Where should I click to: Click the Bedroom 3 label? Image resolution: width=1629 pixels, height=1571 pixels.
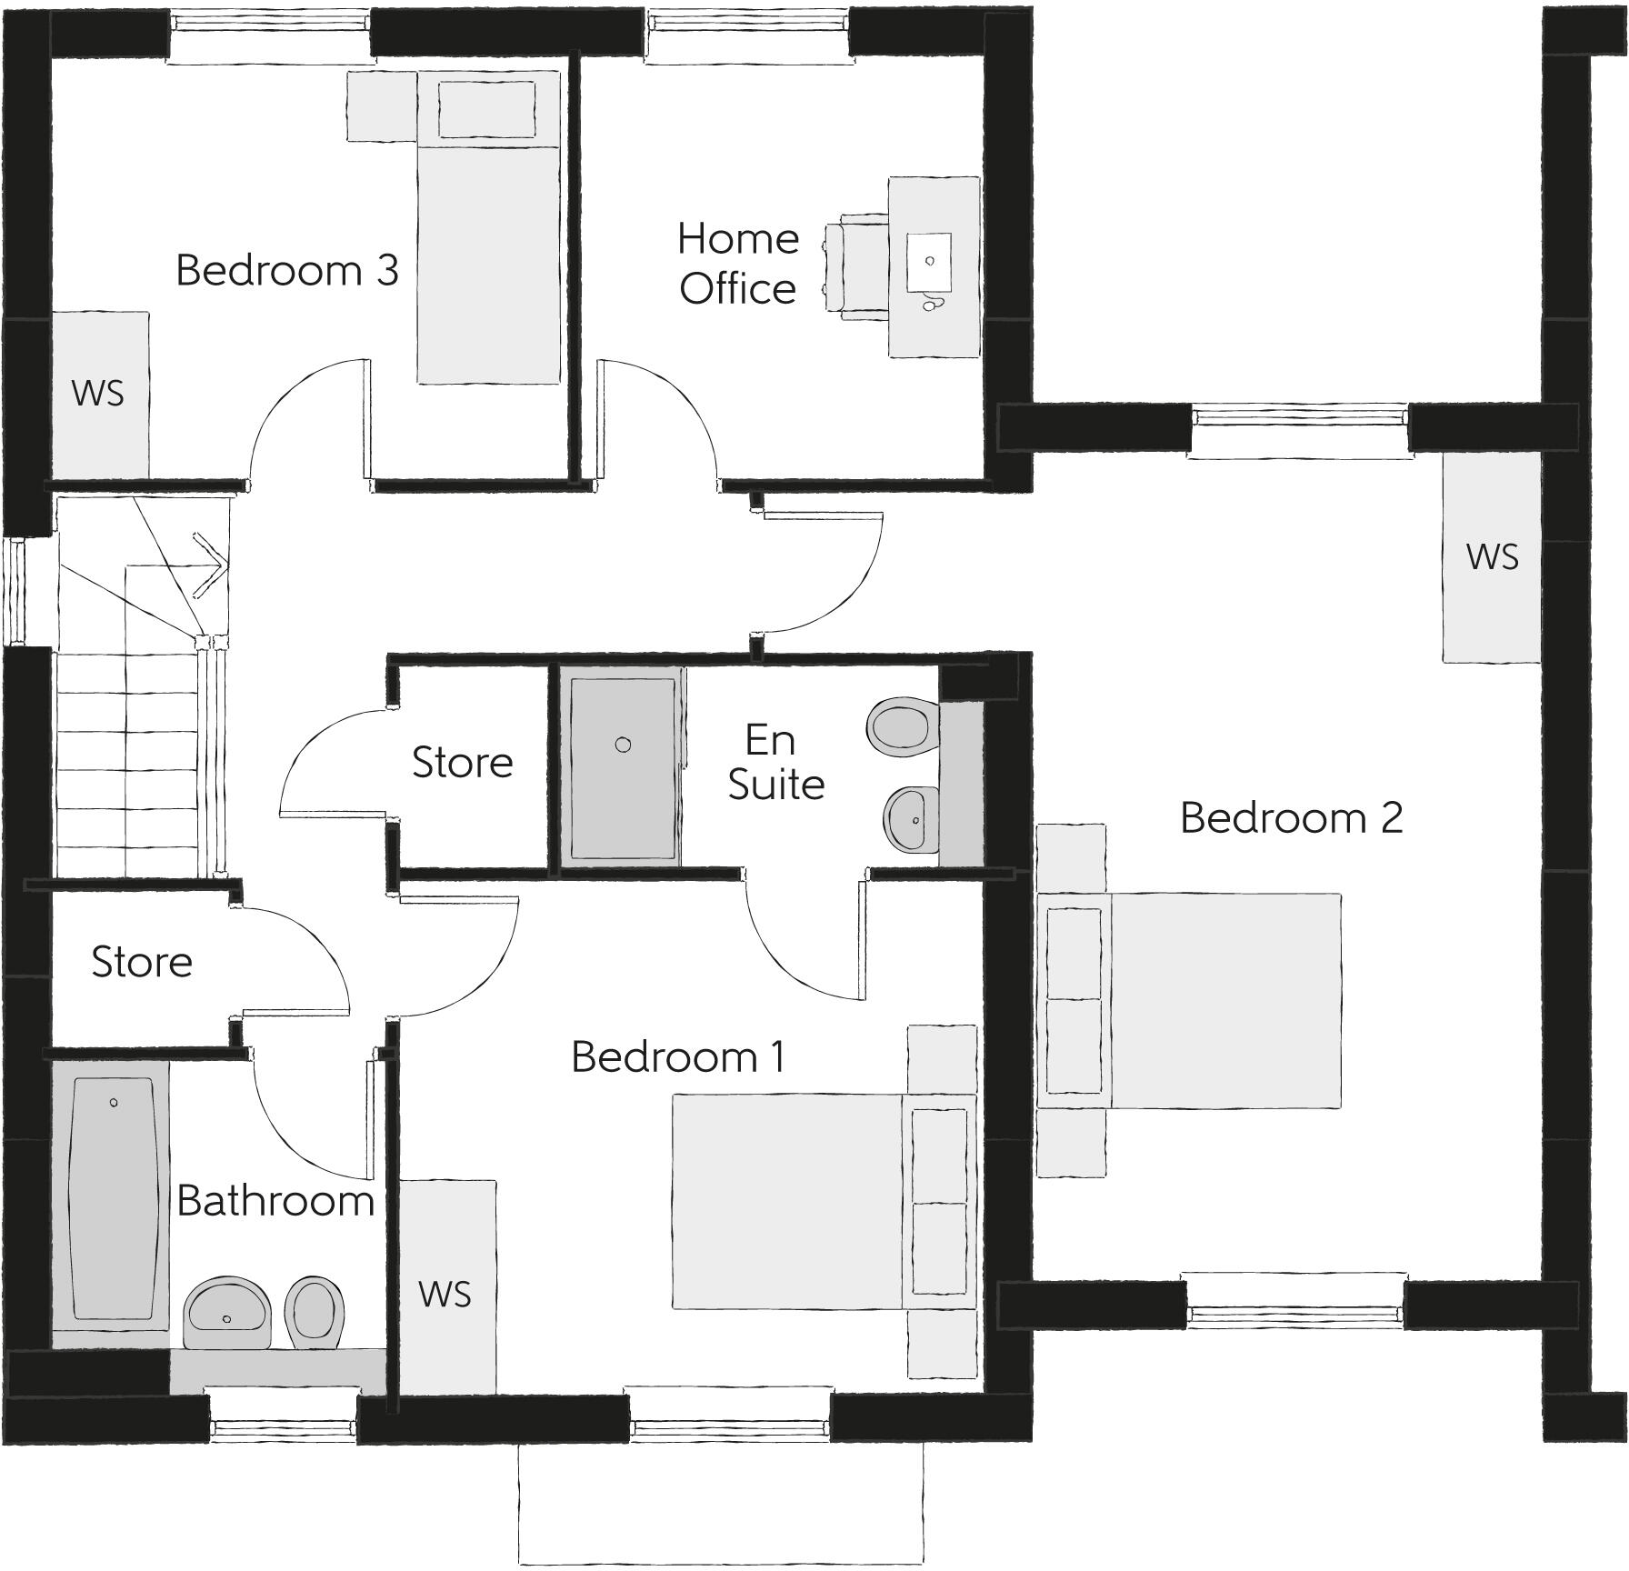[287, 271]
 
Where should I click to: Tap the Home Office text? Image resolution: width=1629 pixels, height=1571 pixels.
[737, 264]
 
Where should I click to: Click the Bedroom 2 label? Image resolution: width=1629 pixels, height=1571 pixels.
[1291, 818]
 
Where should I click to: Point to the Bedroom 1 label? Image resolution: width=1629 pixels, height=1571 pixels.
[677, 1056]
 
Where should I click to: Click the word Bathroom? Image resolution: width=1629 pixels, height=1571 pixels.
[275, 1201]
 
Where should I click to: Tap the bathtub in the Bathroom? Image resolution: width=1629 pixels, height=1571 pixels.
[113, 1198]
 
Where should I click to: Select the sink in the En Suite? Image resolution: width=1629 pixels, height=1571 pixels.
[911, 819]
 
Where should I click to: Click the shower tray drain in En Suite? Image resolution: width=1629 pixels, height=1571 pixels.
[623, 745]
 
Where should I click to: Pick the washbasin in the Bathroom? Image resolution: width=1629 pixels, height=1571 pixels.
[226, 1312]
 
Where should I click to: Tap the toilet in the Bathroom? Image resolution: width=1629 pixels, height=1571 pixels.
[315, 1309]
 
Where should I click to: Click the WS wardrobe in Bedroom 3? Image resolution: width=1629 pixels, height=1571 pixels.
[99, 394]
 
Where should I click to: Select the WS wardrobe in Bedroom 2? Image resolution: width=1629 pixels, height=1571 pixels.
[1492, 556]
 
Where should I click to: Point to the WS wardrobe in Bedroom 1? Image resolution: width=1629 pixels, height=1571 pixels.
[446, 1293]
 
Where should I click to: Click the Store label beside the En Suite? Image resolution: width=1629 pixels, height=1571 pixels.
[462, 762]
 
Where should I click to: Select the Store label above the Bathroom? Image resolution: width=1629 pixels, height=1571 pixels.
[142, 962]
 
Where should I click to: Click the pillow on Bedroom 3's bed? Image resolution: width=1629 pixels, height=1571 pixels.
[486, 109]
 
